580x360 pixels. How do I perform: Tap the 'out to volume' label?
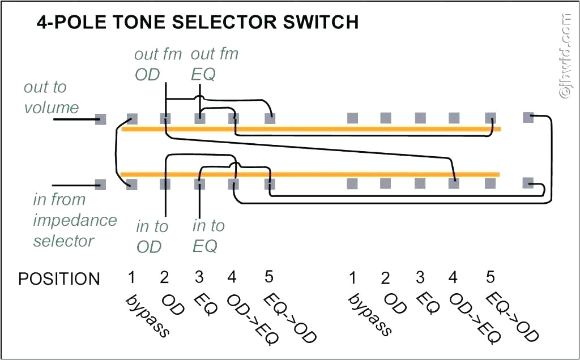[x=50, y=97]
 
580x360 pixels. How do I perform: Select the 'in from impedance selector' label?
[x=74, y=220]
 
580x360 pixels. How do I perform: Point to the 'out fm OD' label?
[x=157, y=64]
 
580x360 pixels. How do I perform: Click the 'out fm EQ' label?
[x=214, y=64]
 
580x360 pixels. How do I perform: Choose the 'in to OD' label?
[x=151, y=236]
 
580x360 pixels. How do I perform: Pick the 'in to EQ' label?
[x=208, y=235]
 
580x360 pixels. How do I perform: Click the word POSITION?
[x=59, y=279]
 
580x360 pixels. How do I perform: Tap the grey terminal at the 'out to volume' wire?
[x=100, y=119]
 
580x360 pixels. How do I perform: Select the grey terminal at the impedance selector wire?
[x=100, y=184]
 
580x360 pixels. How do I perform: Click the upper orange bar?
[x=311, y=130]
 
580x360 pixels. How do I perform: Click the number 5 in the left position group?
[x=269, y=277]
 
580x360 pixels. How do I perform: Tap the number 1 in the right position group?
[x=352, y=278]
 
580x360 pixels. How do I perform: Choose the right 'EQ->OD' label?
[x=512, y=316]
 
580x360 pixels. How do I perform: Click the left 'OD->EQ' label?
[x=253, y=319]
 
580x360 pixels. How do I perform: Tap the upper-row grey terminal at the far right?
[x=528, y=118]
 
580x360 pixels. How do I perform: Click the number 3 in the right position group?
[x=420, y=277]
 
